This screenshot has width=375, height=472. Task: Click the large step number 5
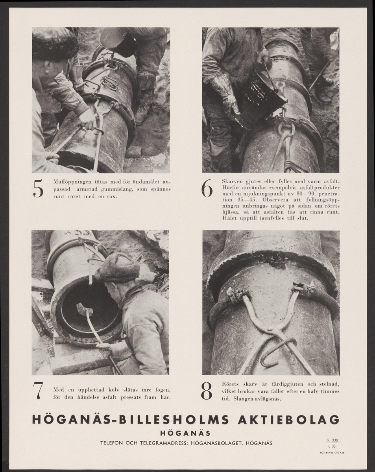(38, 189)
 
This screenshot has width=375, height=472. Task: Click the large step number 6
(207, 188)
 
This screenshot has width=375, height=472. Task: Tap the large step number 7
(38, 391)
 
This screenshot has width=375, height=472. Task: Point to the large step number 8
(207, 391)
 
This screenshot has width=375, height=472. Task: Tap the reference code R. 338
(332, 440)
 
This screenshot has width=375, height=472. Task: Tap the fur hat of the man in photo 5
(55, 43)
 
